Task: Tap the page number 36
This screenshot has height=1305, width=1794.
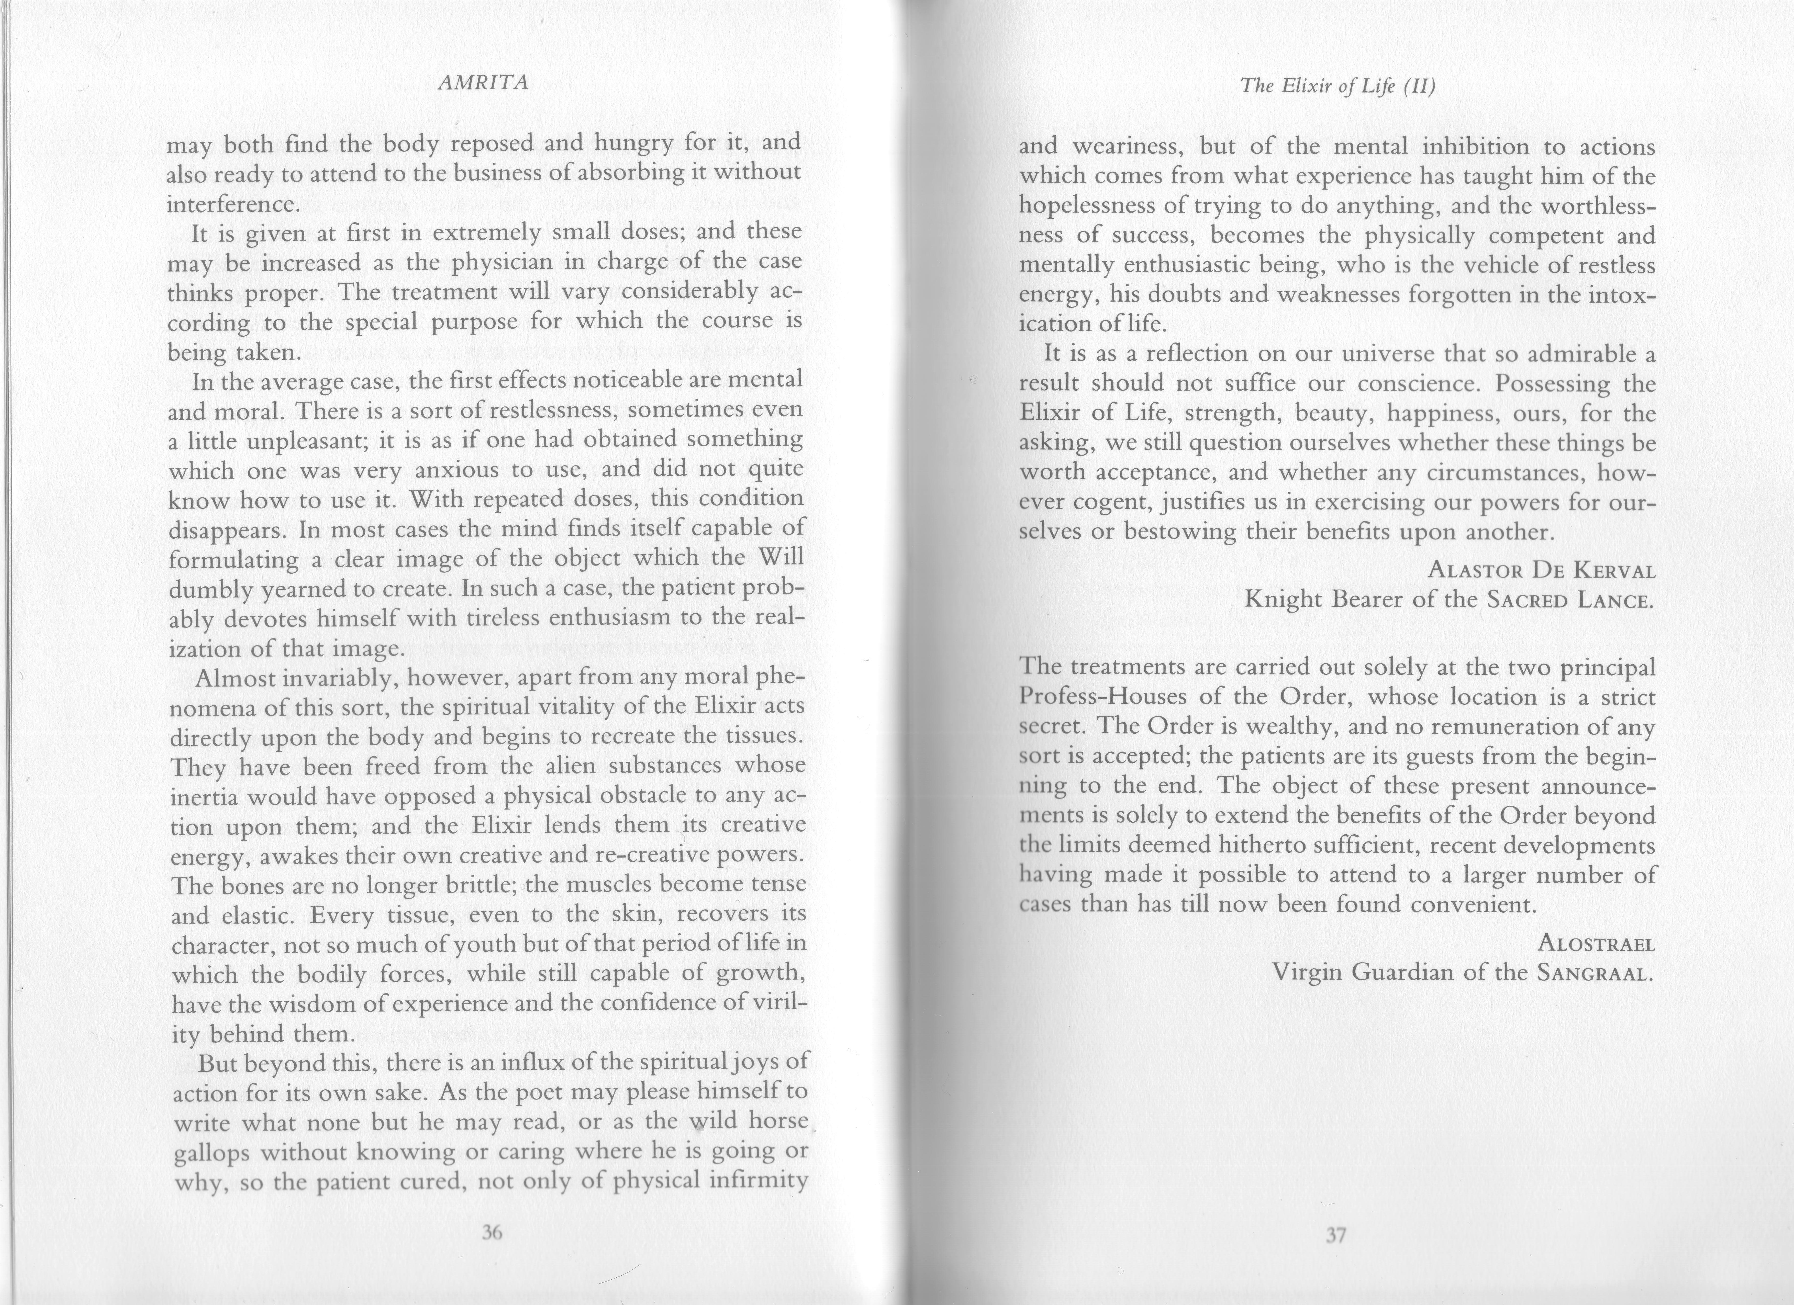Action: pyautogui.click(x=492, y=1231)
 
